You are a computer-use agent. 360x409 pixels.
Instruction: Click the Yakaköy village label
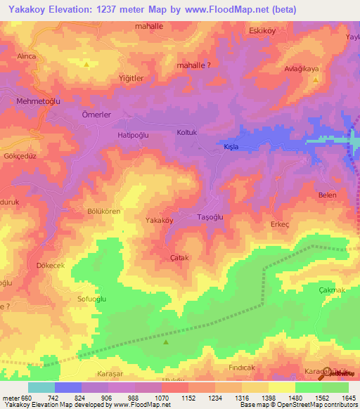coord(159,220)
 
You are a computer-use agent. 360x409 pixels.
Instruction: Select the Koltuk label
coord(187,131)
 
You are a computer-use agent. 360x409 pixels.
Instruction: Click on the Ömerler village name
coord(97,114)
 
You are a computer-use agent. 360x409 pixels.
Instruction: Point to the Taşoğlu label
coord(210,217)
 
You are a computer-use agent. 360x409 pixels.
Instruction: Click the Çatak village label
coord(180,258)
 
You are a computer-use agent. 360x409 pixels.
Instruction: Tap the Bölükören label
coord(103,211)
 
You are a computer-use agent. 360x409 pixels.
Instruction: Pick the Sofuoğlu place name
coord(91,298)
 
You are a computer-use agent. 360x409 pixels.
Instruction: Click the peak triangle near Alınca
coord(86,65)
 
